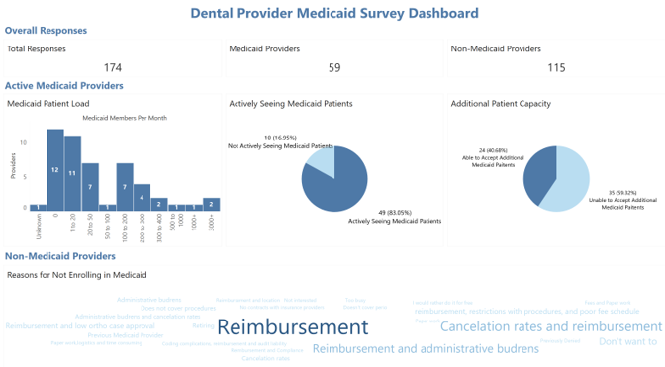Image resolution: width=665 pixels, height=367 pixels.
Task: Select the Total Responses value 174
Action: pos(113,67)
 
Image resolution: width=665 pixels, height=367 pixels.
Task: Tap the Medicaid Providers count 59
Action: pos(333,67)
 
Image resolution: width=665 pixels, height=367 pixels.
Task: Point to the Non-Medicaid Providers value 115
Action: pos(556,67)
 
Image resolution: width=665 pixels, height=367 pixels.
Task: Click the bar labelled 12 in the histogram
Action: pos(55,170)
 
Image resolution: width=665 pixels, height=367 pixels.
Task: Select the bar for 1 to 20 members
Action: pos(72,173)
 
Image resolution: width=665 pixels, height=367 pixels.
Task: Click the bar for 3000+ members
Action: pos(211,204)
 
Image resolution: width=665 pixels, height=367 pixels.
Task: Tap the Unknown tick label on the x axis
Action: pos(39,226)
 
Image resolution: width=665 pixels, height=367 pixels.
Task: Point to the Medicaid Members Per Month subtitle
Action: pos(124,118)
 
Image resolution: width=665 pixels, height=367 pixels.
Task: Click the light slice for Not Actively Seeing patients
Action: pos(323,157)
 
